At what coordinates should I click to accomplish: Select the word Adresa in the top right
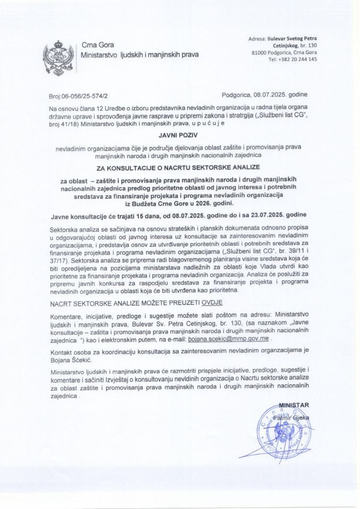(258, 38)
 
